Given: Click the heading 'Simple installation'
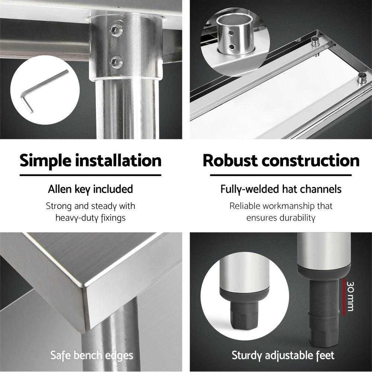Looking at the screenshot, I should coord(90,161).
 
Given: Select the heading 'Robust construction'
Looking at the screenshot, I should coord(281,161).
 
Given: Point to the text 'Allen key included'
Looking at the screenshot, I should coord(90,189).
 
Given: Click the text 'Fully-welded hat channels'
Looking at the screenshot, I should coord(281,189).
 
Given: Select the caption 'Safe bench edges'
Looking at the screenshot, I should coord(92,355).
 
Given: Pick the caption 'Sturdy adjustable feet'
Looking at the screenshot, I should coord(283,355).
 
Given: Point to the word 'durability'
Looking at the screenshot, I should coord(297,218).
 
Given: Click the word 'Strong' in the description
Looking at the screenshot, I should coord(59,206).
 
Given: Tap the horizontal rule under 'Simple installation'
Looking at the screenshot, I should coord(90,175).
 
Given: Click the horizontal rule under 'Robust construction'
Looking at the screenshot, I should coord(281,175).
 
